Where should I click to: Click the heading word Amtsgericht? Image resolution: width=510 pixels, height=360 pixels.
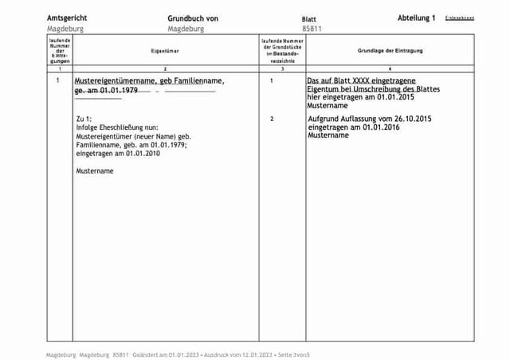(67, 17)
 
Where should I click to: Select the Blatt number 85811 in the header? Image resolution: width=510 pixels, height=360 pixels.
(312, 28)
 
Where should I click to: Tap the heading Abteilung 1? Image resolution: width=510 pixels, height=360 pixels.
(417, 17)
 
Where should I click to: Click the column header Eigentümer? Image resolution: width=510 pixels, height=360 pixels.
(163, 50)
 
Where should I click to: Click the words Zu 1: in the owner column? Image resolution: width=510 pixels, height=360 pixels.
(84, 119)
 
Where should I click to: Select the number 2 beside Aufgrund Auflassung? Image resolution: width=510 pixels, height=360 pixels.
(272, 119)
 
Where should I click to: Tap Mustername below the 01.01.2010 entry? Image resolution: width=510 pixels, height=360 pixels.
(94, 171)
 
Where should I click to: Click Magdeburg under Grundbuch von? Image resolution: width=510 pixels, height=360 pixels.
(186, 28)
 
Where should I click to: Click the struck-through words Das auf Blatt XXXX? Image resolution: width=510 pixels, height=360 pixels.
(342, 81)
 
